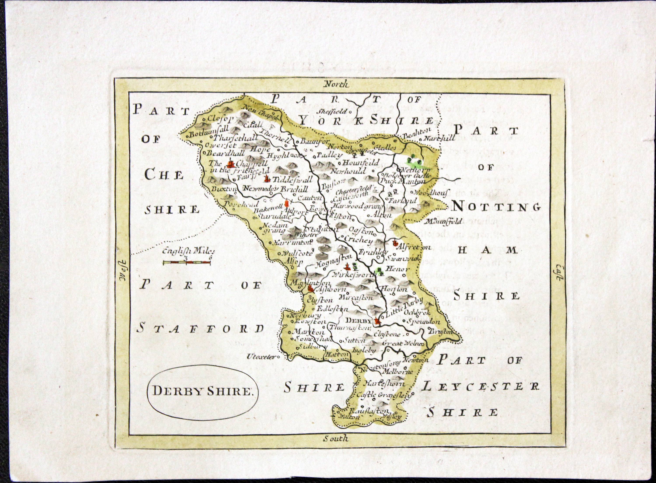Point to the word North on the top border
tap(336, 85)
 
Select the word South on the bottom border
tap(336, 447)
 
